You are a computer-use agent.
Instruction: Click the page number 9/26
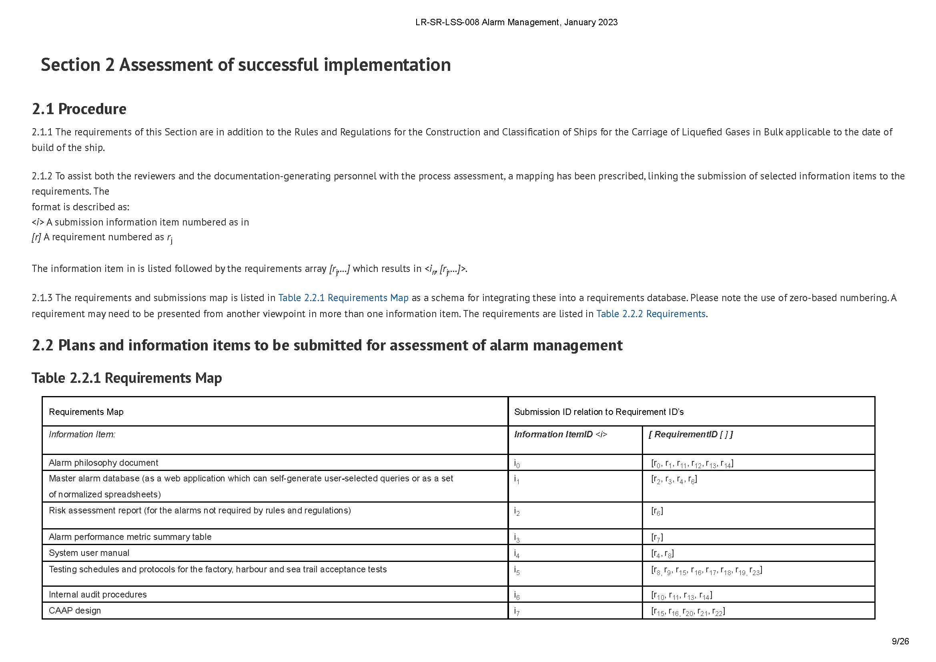900,641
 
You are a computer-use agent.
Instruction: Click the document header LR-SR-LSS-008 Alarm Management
516,22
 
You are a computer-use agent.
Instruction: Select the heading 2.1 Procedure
79,109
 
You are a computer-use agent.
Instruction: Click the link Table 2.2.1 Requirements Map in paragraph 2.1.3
343,298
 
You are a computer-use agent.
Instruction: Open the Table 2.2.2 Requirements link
651,314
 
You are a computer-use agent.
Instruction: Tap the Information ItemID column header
561,435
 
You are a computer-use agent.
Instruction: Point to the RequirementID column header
691,435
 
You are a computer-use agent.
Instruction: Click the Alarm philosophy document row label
104,463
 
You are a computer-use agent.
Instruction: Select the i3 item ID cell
517,537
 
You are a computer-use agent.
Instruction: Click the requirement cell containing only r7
657,537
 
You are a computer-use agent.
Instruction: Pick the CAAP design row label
75,611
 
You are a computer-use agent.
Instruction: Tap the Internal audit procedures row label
98,594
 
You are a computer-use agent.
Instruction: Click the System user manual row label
89,553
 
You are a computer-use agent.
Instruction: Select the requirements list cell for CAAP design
688,612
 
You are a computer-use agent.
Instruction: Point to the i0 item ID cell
517,463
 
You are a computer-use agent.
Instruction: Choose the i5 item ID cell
517,570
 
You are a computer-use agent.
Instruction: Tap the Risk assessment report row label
200,510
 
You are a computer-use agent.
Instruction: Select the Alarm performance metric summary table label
130,537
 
